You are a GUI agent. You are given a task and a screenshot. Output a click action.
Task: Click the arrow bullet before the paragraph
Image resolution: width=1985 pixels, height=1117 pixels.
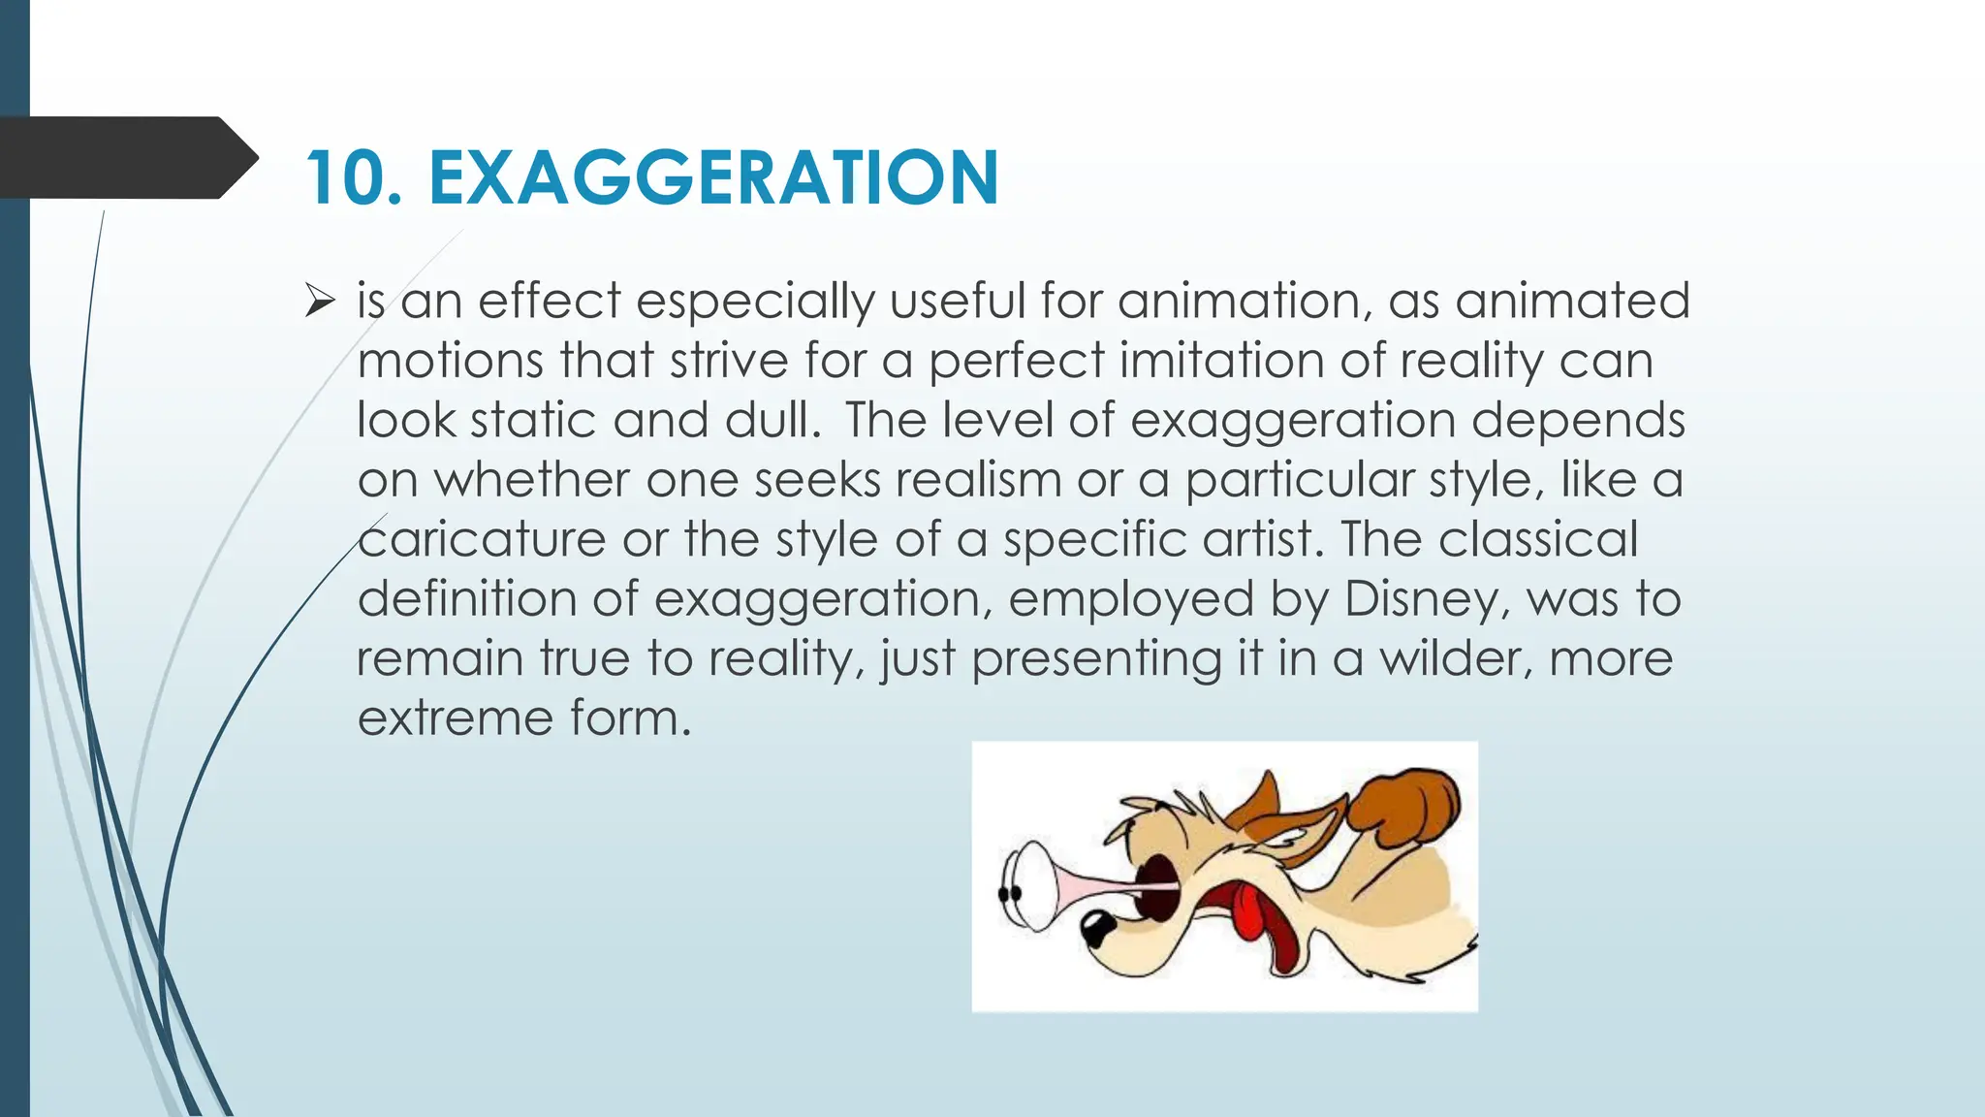[319, 302]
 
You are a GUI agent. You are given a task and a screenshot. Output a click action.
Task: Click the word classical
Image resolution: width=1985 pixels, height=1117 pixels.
[1538, 539]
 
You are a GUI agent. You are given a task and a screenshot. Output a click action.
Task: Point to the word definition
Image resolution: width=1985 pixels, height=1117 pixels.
[467, 598]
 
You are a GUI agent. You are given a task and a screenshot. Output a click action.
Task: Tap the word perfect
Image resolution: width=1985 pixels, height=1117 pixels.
[1016, 361]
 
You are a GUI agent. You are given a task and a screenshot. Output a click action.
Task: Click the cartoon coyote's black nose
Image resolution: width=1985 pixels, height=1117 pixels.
[1097, 929]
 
